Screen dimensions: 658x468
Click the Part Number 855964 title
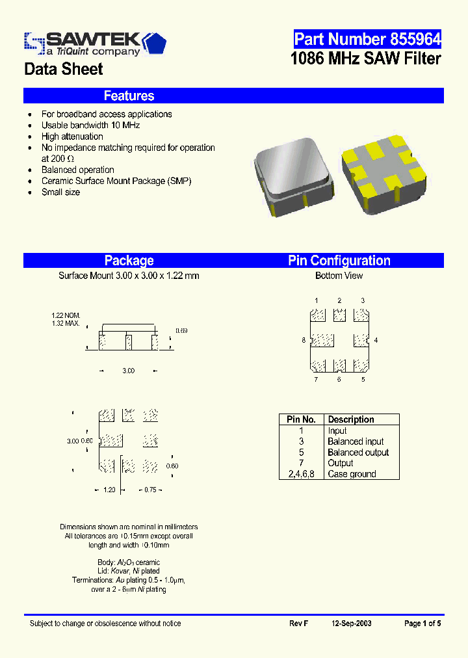click(x=367, y=39)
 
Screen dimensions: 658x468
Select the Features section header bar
click(x=233, y=96)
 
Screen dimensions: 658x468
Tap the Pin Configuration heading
click(x=339, y=261)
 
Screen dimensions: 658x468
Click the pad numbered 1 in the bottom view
click(x=317, y=315)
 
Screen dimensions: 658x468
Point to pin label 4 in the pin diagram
click(x=376, y=340)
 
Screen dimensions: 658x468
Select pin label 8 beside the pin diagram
click(x=304, y=340)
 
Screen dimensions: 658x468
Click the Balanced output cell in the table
click(x=358, y=453)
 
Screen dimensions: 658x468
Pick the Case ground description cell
click(x=352, y=474)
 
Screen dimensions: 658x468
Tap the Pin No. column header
click(x=301, y=419)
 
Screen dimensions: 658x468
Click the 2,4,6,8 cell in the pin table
click(x=301, y=474)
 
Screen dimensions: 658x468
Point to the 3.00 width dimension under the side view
click(x=128, y=371)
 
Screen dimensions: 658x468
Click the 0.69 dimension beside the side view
click(x=181, y=331)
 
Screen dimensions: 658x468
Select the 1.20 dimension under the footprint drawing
click(x=109, y=490)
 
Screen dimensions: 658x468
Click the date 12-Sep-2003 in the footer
click(x=352, y=624)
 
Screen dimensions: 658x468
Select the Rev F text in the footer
click(x=298, y=624)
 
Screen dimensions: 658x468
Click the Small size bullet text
click(x=61, y=192)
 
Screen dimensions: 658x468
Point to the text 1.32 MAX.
click(x=66, y=323)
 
